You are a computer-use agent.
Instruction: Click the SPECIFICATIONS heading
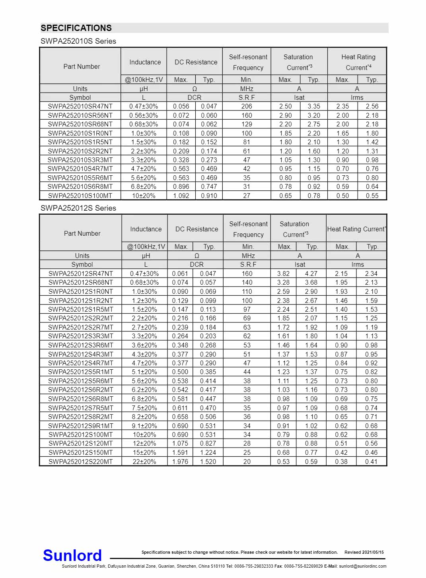76,28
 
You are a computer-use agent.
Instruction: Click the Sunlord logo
72,555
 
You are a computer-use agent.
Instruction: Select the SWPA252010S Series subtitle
78,41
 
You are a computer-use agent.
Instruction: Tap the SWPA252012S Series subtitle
78,208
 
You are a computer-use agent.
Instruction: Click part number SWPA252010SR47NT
80,106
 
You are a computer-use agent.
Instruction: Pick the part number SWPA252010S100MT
80,196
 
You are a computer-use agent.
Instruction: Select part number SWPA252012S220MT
81,462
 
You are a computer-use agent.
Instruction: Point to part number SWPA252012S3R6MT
81,345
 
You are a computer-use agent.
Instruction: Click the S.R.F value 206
247,106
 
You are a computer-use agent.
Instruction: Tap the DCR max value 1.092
181,196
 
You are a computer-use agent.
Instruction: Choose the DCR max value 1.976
180,462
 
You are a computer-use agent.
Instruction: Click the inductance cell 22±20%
144,462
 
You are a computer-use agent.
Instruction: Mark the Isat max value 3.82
283,273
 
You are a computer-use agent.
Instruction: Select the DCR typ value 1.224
208,452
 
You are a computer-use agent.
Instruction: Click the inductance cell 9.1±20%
144,426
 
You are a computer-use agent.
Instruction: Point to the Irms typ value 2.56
372,106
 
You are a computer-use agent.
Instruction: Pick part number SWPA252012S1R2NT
81,301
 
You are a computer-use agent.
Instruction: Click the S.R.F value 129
247,124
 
